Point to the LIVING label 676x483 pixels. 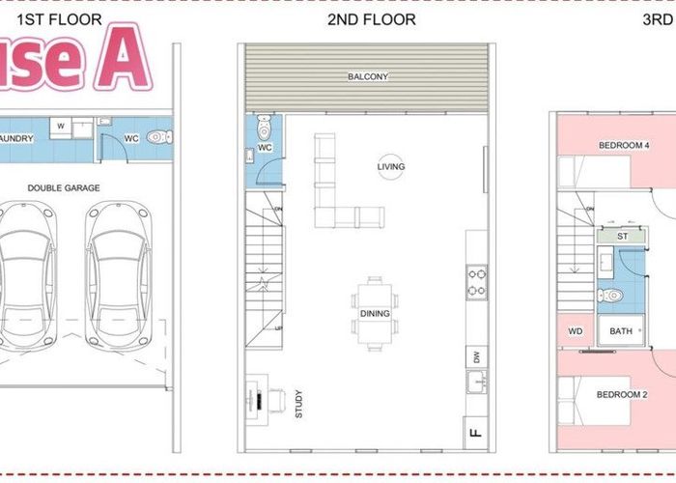tap(391, 166)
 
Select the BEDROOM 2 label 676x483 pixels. tap(621, 394)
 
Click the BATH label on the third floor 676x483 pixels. tap(620, 331)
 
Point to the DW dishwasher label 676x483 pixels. tap(475, 355)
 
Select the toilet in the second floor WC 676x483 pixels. tap(268, 128)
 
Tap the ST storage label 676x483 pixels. tap(622, 235)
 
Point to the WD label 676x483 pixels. tap(576, 331)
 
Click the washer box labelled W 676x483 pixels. tap(61, 126)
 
